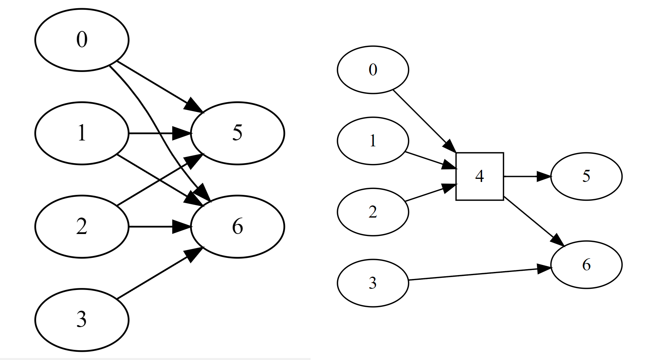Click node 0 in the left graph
[81, 40]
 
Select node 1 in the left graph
[81, 133]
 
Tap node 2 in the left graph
[81, 227]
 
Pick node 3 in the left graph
[81, 320]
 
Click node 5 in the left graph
[237, 133]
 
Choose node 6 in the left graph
[237, 227]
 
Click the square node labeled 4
[479, 176]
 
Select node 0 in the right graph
[373, 70]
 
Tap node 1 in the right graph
[373, 141]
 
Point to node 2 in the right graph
[373, 212]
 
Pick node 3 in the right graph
[373, 283]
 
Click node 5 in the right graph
[586, 176]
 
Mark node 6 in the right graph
[586, 265]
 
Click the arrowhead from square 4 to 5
[544, 176]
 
